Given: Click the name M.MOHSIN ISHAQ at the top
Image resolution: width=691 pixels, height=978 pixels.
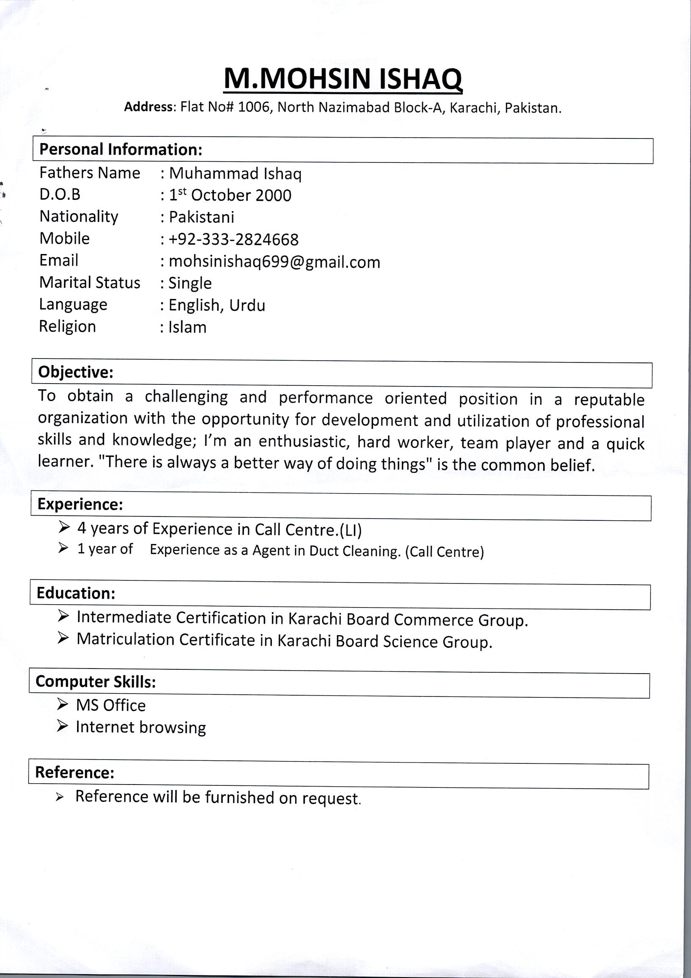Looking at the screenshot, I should [343, 79].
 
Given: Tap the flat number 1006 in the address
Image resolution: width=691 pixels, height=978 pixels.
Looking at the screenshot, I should [254, 107].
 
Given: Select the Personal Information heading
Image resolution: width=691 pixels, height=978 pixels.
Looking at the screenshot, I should [121, 149].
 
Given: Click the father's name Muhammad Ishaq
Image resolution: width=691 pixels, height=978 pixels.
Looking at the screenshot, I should [235, 174].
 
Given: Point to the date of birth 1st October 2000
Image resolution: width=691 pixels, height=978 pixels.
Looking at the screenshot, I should [230, 196].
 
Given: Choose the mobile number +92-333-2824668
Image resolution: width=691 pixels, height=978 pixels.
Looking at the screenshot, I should [233, 239].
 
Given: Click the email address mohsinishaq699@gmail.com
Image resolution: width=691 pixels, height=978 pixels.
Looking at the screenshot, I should [274, 262].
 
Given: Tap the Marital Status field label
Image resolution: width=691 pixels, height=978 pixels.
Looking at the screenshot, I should [89, 283].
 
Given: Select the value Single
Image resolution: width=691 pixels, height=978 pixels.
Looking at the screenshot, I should [190, 283].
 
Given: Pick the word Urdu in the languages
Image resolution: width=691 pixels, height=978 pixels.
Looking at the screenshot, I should [247, 305].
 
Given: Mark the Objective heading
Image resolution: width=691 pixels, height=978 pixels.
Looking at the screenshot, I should [76, 372].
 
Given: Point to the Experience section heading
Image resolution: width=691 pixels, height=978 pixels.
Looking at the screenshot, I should [80, 504].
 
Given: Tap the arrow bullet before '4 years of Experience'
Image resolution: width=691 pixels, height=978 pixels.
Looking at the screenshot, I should [64, 528].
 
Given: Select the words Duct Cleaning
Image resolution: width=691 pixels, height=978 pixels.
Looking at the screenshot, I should [355, 551].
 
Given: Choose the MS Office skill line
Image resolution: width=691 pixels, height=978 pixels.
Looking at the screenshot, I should [111, 705].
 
